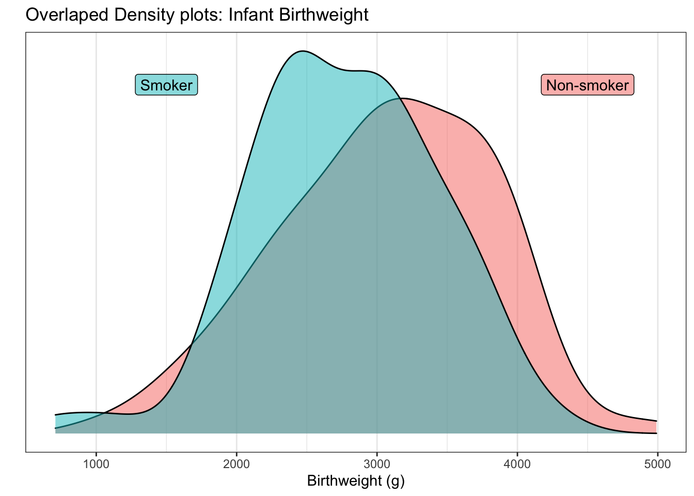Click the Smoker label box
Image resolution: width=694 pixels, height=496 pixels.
(166, 85)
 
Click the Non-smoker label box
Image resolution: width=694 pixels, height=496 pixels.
(588, 85)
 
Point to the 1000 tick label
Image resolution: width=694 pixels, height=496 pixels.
(96, 463)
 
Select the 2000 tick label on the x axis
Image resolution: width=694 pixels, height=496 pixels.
(236, 463)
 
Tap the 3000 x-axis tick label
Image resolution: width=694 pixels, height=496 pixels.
(377, 463)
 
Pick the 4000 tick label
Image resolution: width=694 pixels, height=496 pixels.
(517, 463)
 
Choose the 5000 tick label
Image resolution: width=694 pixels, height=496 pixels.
(657, 463)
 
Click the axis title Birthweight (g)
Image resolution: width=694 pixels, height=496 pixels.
(356, 481)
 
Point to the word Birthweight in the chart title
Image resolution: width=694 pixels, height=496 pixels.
(323, 14)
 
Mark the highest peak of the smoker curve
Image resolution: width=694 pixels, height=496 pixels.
(303, 51)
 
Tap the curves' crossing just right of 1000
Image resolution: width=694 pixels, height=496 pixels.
(105, 413)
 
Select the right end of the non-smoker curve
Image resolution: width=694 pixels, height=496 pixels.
(656, 421)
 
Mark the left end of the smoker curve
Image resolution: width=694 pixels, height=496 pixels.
(56, 415)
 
